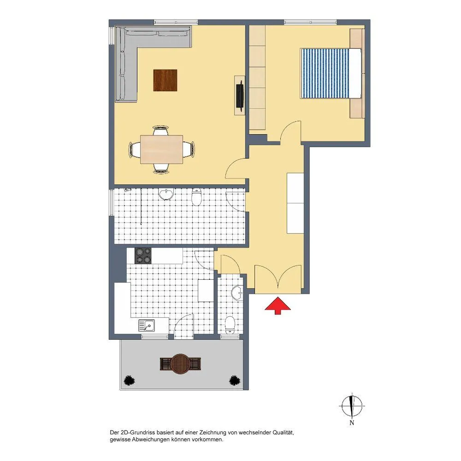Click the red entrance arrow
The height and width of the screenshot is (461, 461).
point(278,306)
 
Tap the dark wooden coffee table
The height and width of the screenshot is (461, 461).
point(165,80)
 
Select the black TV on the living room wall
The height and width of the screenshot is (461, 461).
point(240,95)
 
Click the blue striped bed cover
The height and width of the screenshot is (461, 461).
point(325,73)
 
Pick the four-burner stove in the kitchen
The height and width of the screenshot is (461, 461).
point(143,256)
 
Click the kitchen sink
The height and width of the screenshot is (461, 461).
point(147,325)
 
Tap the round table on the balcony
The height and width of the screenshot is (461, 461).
point(181,364)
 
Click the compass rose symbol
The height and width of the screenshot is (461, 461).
point(352,406)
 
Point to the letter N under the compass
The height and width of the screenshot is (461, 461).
point(352,423)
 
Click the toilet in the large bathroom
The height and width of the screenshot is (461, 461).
point(196,197)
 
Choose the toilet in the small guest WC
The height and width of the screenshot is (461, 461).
point(230,325)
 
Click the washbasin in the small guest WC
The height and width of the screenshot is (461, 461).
point(237,293)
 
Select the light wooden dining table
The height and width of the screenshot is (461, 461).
point(161,149)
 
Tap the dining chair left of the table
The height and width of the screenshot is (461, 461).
point(134,149)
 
